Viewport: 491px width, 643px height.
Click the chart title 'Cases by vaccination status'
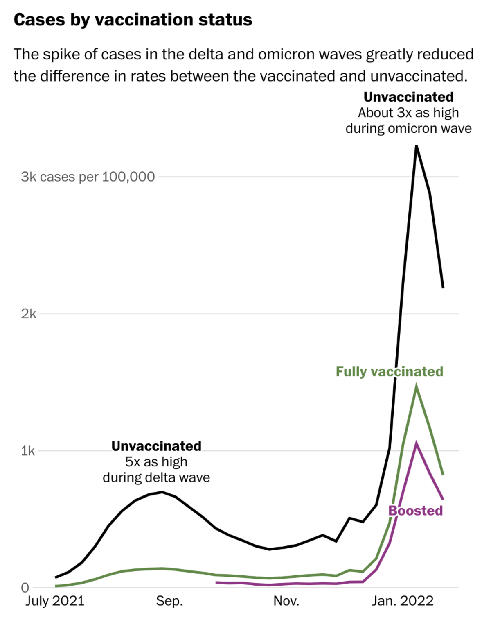133,20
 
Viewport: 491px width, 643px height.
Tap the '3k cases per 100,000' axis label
88,177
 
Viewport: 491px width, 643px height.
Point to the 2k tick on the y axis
28,314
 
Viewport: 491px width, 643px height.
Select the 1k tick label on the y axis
28,451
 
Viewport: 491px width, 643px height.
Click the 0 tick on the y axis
25,588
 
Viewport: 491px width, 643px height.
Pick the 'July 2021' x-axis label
55,601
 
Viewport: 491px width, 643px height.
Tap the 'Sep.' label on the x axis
169,601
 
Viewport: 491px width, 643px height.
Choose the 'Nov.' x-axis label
286,601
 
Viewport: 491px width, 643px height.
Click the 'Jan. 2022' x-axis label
403,601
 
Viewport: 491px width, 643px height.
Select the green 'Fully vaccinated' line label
390,372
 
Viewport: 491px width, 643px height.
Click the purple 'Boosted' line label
416,511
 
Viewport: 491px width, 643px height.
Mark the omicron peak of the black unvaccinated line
416,146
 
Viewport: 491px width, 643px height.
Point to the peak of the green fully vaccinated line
416,387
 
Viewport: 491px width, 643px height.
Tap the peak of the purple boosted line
416,443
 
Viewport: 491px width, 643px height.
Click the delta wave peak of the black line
162,492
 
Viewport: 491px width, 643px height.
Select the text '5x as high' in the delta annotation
156,462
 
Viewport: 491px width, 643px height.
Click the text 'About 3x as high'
408,113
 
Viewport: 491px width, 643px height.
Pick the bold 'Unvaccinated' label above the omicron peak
408,97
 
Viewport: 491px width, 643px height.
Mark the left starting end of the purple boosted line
216,582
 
